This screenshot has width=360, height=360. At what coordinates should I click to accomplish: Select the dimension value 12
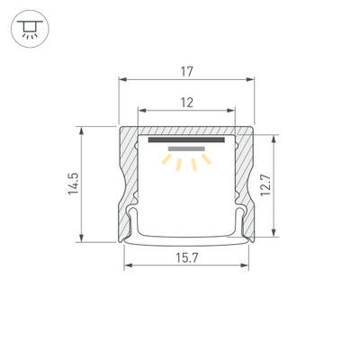pos(186,102)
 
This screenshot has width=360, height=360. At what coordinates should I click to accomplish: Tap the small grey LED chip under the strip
pos(186,149)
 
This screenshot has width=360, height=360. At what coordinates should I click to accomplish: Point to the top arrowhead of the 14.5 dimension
pos(83,130)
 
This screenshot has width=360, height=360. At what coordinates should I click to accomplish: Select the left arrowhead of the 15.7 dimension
pos(128,265)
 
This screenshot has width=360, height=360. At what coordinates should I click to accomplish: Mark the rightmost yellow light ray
pos(207,160)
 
